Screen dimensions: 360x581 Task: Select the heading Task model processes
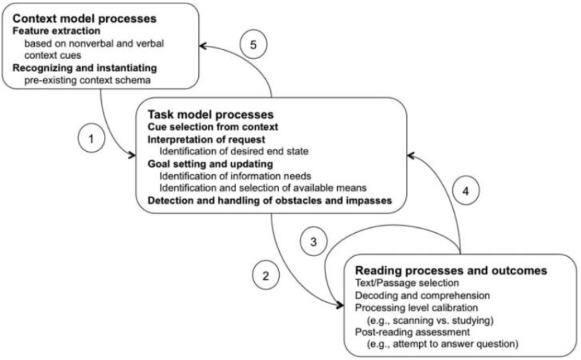click(x=210, y=114)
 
